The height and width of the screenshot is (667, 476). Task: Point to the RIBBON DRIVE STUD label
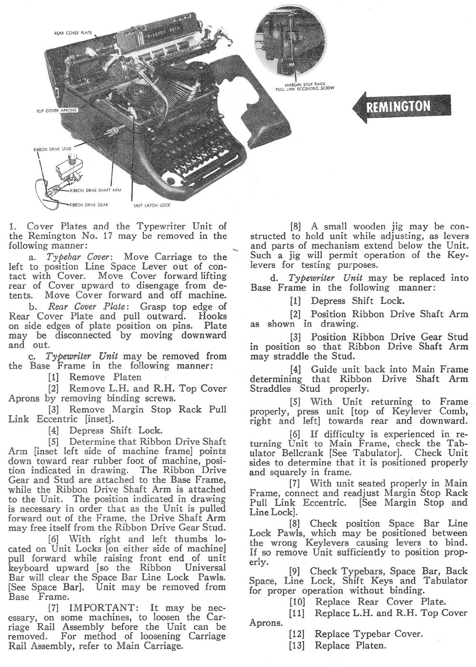tap(52, 149)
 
